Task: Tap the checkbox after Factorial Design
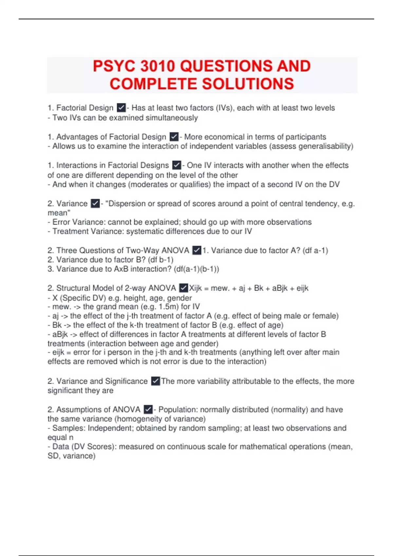[121, 108]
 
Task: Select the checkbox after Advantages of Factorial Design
[174, 137]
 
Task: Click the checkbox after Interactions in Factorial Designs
[177, 165]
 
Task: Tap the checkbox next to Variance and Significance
[156, 381]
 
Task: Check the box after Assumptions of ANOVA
[148, 409]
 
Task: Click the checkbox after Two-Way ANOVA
[196, 251]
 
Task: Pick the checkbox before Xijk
[183, 288]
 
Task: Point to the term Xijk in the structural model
[196, 288]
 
